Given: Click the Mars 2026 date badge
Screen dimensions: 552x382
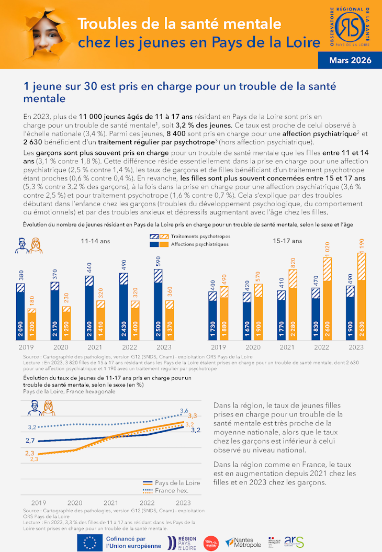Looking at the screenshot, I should pyautogui.click(x=350, y=60).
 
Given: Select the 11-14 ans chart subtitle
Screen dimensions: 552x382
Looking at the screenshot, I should pyautogui.click(x=95, y=241).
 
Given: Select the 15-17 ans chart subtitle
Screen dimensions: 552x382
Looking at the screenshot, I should pyautogui.click(x=287, y=241).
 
